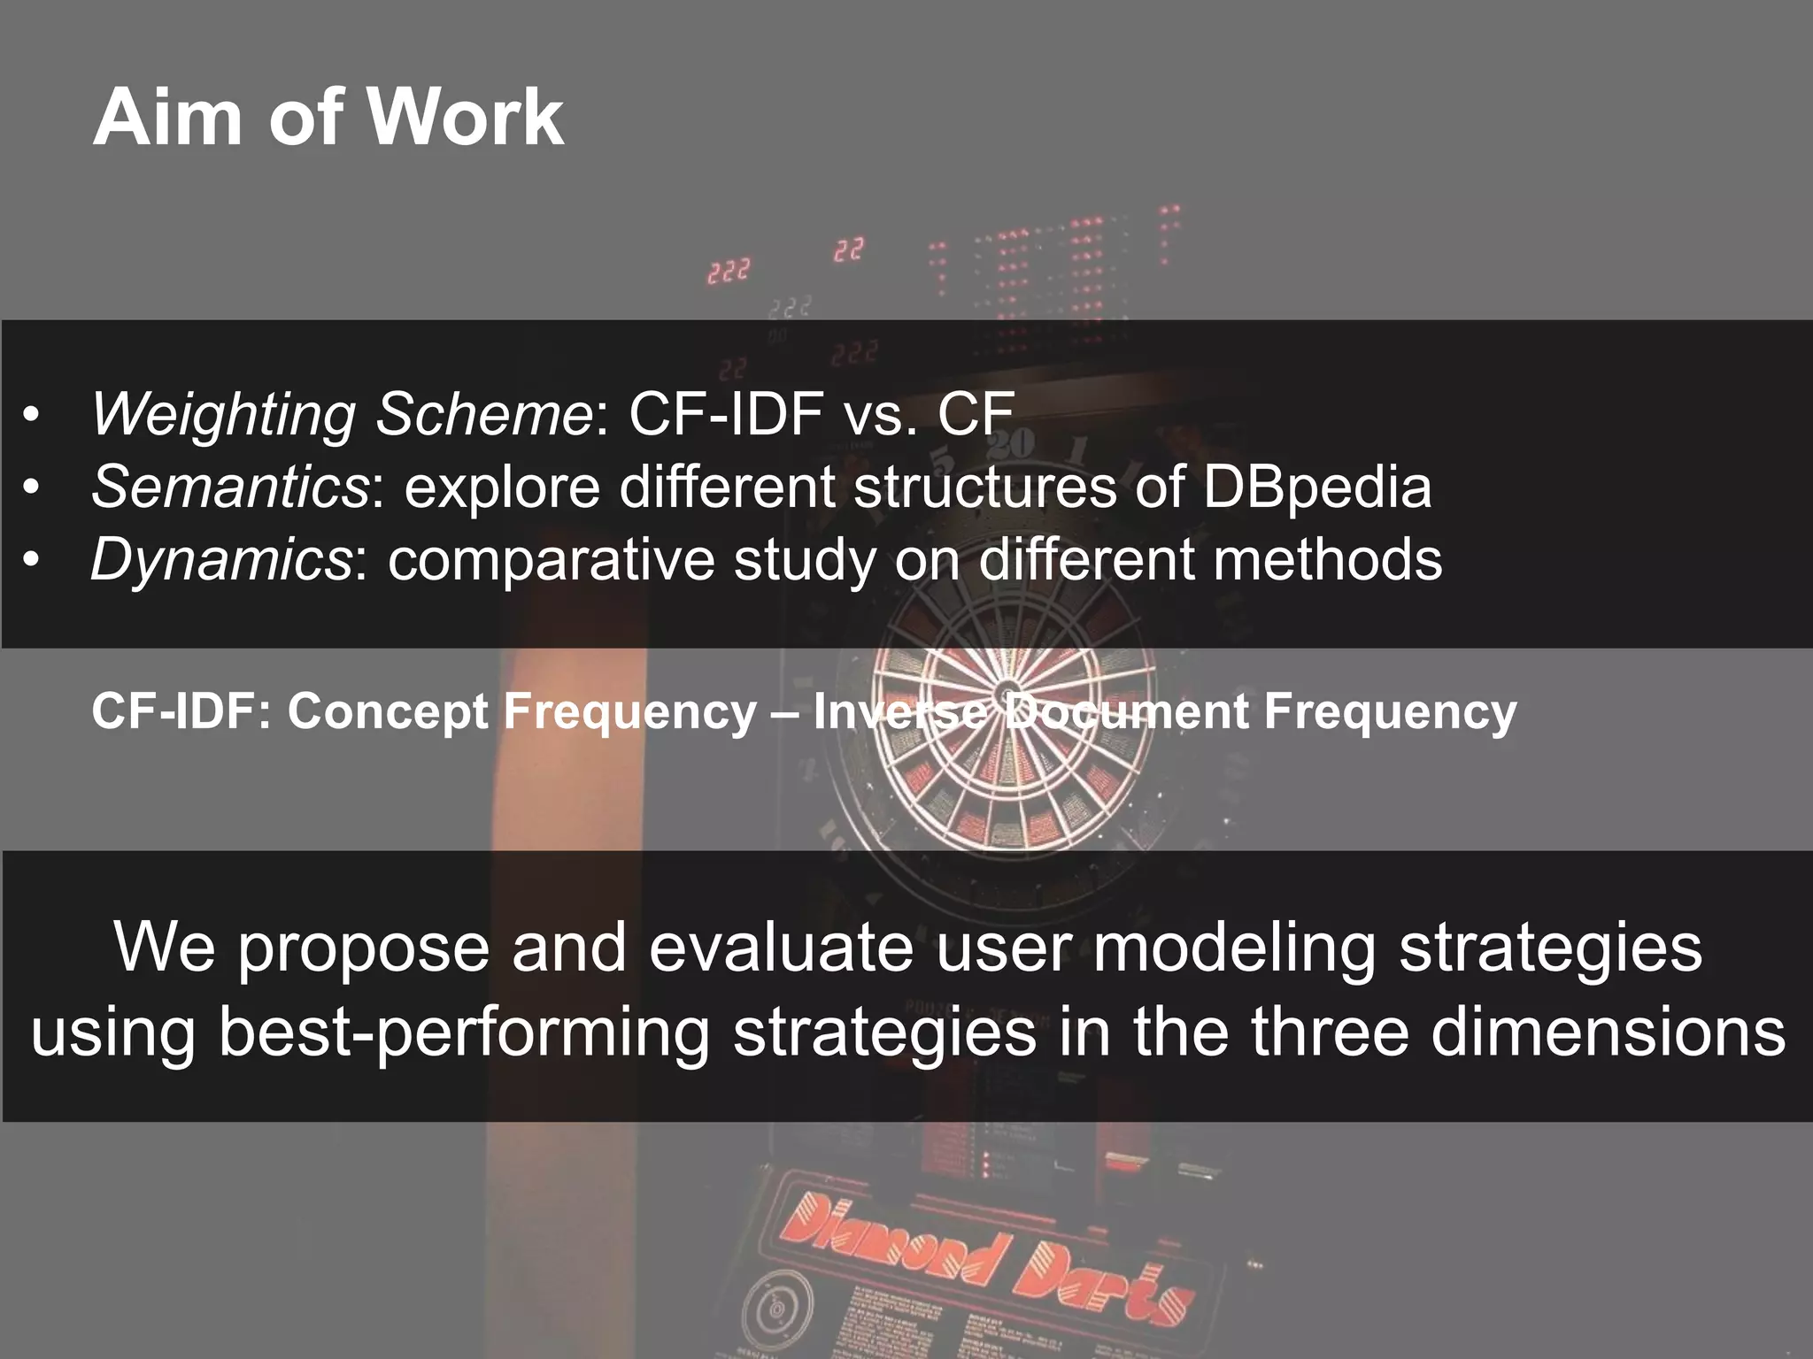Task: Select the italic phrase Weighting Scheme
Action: coord(342,414)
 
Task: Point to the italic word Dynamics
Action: coord(221,560)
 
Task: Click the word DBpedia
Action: coord(1316,488)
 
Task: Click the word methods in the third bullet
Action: coord(1327,560)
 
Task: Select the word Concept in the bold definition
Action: coord(390,711)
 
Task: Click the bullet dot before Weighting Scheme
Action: coord(32,416)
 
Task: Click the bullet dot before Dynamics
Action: coord(32,562)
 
